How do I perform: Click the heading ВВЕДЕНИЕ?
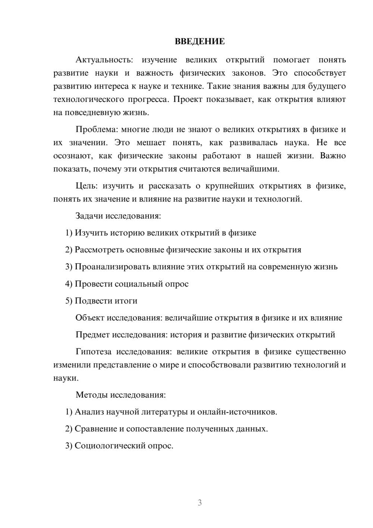200,41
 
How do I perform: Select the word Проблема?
96,130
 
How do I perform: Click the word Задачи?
89,216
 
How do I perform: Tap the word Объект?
90,318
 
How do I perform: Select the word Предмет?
93,335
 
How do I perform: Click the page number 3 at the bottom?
200,503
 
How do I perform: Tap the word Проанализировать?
112,267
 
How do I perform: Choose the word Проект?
188,99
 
